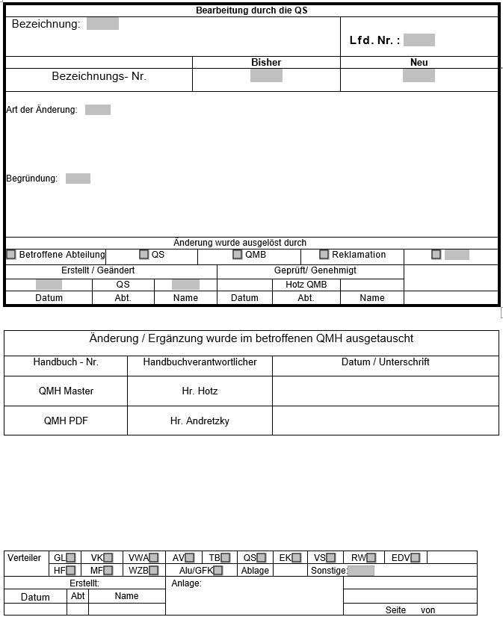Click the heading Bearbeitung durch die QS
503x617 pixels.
(251, 10)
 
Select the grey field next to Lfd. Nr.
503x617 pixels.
(419, 40)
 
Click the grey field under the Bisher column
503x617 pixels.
(266, 75)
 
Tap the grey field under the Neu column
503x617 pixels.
(419, 75)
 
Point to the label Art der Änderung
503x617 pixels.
(42, 110)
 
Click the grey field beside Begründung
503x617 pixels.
(78, 179)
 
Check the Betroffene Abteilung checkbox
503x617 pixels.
(11, 255)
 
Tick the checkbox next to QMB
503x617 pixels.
(238, 255)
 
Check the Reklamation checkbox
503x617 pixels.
(324, 255)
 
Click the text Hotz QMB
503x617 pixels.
(306, 285)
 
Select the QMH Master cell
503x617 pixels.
(67, 391)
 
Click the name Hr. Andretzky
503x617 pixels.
(200, 421)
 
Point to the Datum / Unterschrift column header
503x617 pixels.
(385, 362)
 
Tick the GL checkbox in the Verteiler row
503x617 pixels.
(71, 557)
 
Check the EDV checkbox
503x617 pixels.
(416, 557)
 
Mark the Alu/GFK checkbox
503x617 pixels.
(218, 571)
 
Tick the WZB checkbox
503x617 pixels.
(154, 571)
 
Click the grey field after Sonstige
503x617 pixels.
(362, 571)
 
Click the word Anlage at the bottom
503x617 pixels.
(186, 583)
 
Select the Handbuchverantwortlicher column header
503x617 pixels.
(200, 362)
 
